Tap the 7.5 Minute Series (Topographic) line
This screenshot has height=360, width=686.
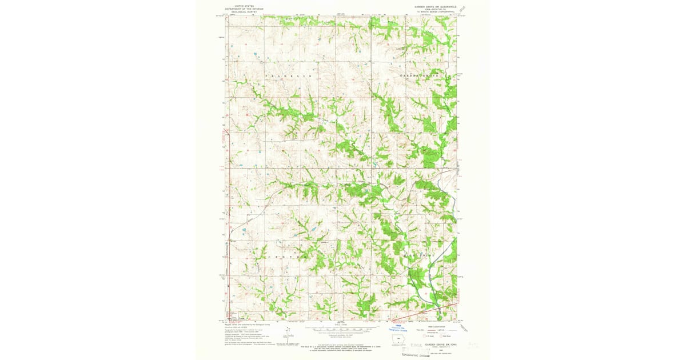(438, 11)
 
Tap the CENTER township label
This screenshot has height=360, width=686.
(284, 257)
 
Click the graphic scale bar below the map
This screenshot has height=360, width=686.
(342, 330)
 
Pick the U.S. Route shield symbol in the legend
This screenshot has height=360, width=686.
(425, 336)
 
